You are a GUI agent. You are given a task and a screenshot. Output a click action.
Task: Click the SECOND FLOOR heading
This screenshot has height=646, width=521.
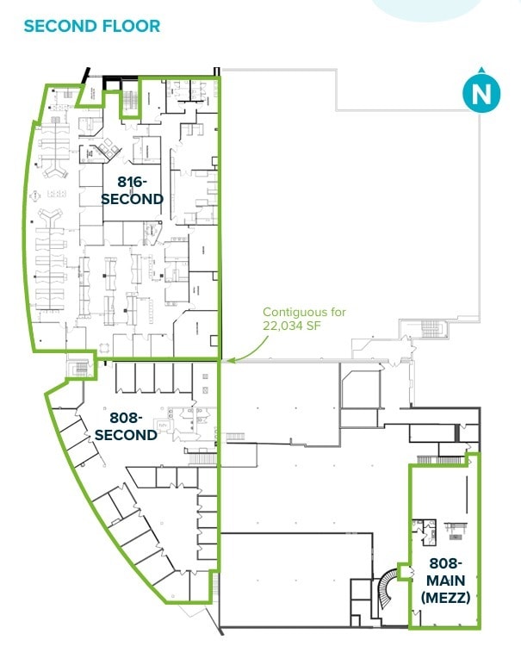[91, 26]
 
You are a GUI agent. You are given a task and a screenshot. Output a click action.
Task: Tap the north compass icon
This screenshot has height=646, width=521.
[481, 93]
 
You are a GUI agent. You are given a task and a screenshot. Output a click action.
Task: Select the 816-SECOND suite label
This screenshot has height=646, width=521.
[132, 190]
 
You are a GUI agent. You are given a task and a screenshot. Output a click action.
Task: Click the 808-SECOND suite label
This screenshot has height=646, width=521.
[126, 426]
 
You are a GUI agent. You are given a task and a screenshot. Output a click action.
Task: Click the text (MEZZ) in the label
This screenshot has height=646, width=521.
[445, 596]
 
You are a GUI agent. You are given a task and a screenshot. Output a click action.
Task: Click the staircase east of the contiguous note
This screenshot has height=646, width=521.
[430, 330]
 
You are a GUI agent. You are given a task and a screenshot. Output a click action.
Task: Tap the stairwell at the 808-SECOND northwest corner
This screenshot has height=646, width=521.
[80, 369]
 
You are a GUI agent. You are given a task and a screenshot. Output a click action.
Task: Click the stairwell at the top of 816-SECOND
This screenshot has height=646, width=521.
[129, 102]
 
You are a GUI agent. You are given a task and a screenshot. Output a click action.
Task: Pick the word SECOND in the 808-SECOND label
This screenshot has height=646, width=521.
[126, 435]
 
